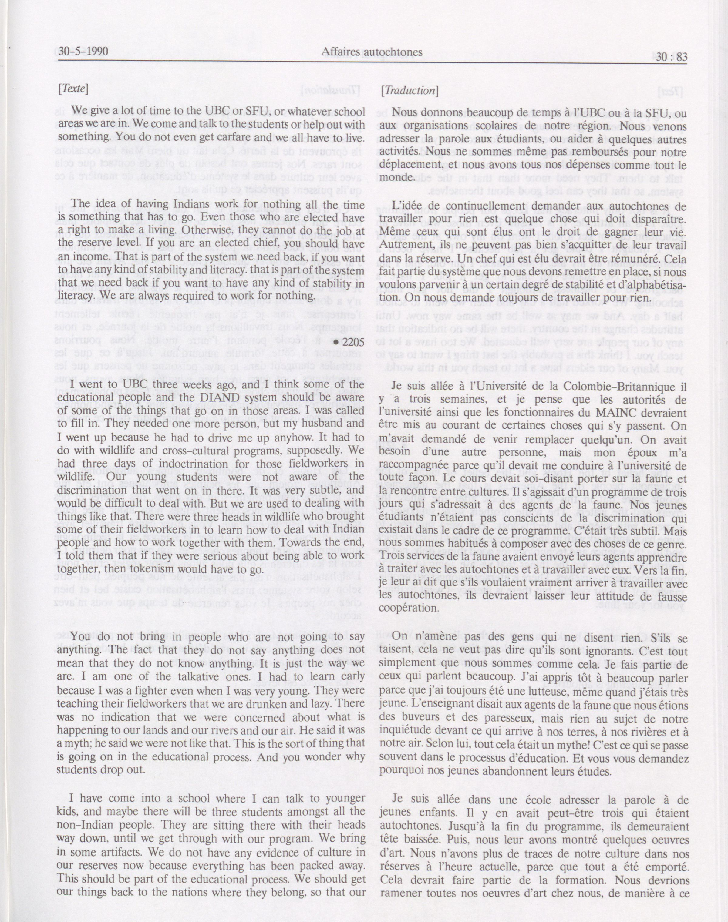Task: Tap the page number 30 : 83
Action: [x=671, y=57]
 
